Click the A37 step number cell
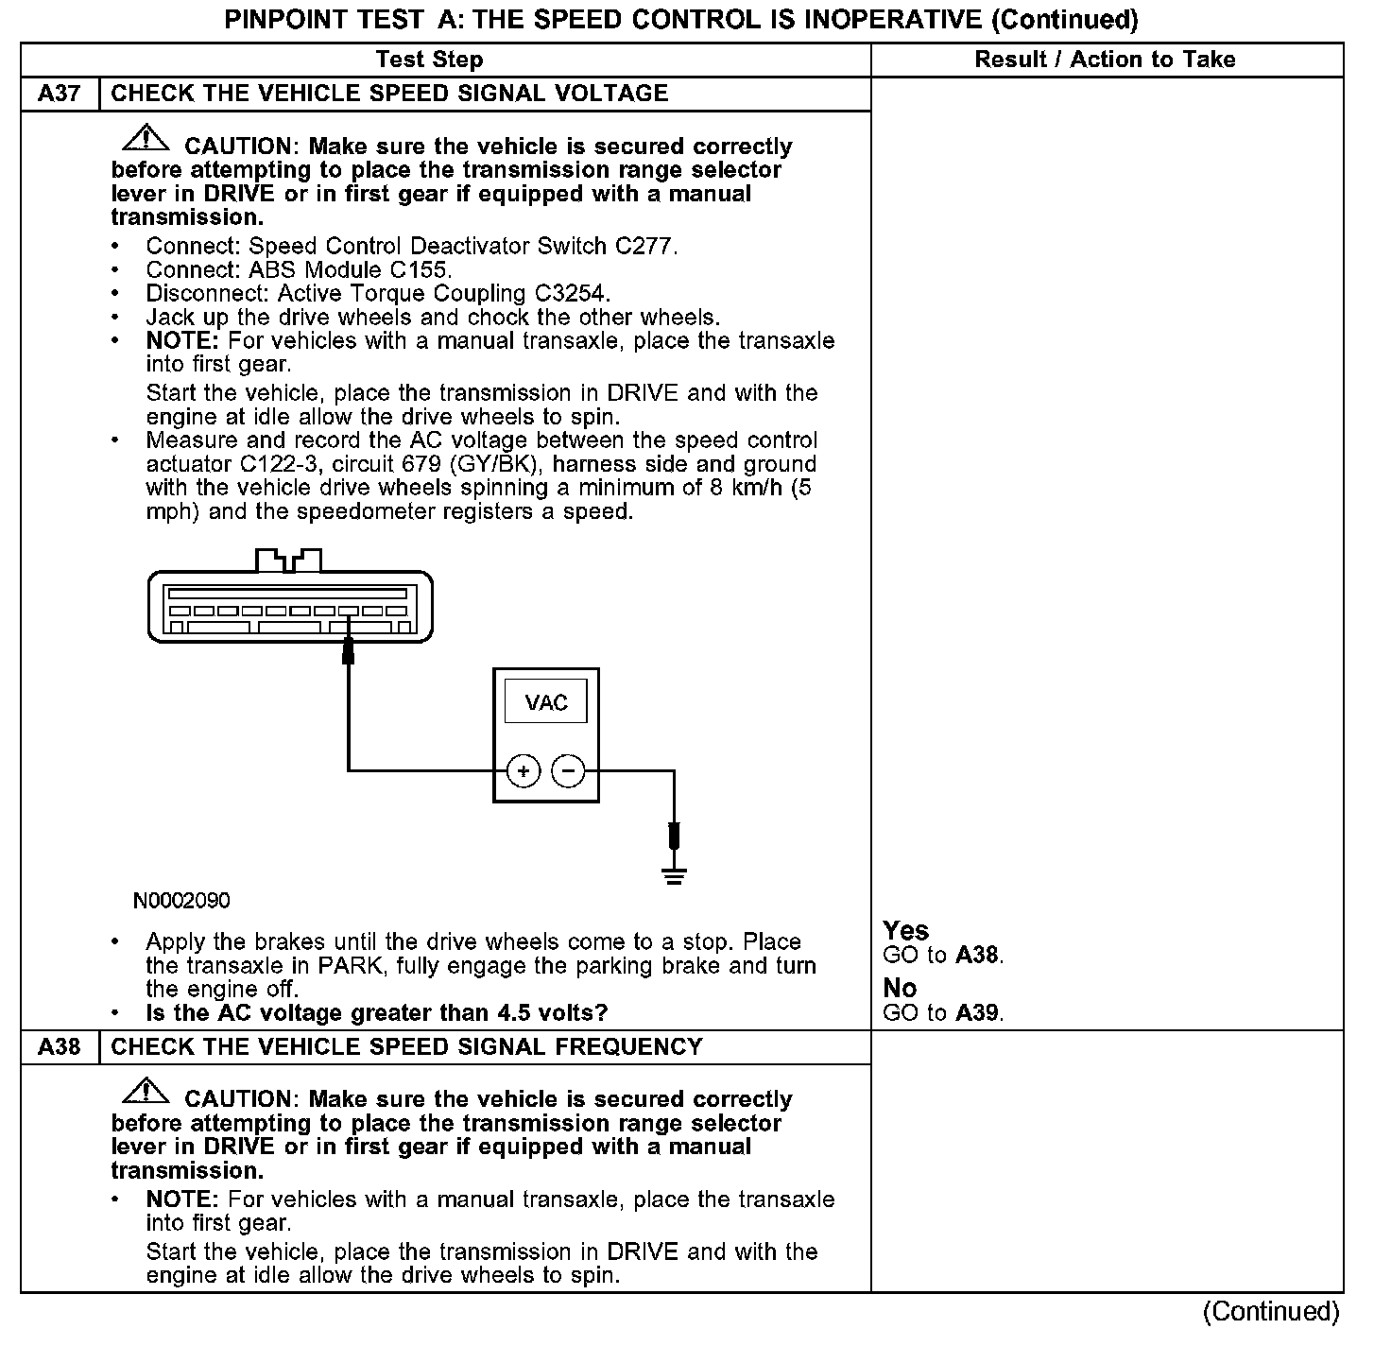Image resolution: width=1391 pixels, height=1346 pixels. (x=60, y=94)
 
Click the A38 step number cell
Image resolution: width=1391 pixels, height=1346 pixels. (x=60, y=1047)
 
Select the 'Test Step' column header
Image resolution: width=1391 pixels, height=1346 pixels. (x=429, y=60)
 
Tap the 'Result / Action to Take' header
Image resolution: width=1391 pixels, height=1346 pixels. (x=1105, y=60)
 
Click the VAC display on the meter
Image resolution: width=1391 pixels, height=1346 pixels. (x=546, y=702)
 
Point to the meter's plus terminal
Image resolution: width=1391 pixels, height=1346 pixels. (x=524, y=771)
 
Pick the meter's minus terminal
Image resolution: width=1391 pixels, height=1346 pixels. (x=568, y=771)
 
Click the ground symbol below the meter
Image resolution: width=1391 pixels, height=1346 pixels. (x=674, y=875)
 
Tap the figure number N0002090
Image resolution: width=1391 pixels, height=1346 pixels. (x=181, y=901)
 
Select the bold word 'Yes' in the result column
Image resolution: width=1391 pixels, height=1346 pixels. (x=906, y=931)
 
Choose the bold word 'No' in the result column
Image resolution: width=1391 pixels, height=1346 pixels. (x=900, y=989)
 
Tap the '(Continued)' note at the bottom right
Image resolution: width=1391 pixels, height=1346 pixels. (x=1271, y=1312)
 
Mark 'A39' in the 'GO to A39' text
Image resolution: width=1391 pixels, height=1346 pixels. (x=977, y=1013)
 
